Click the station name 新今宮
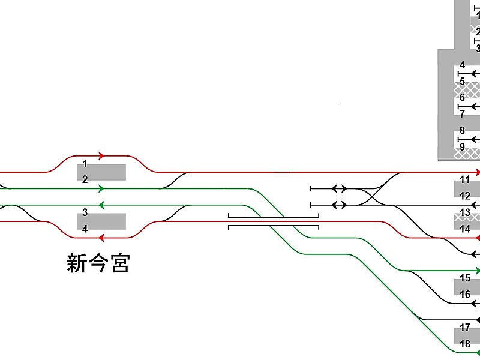(98, 263)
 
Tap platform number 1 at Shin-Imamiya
(85, 163)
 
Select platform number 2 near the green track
(85, 179)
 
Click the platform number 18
(465, 344)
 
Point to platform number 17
(465, 328)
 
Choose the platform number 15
(465, 278)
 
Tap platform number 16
(465, 295)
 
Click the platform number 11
(465, 179)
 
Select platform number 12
(465, 196)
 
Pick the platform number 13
(465, 212)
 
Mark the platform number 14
(465, 229)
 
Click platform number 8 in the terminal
(462, 130)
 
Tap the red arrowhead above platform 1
(101, 155)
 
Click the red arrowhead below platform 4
(101, 238)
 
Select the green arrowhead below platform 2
(101, 188)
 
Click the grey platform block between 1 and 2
(101, 172)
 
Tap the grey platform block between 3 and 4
(101, 221)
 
